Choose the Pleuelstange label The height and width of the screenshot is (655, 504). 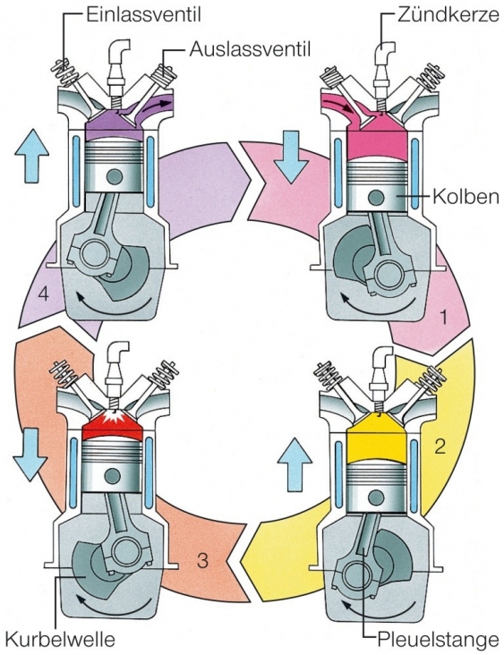pos(435,639)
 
